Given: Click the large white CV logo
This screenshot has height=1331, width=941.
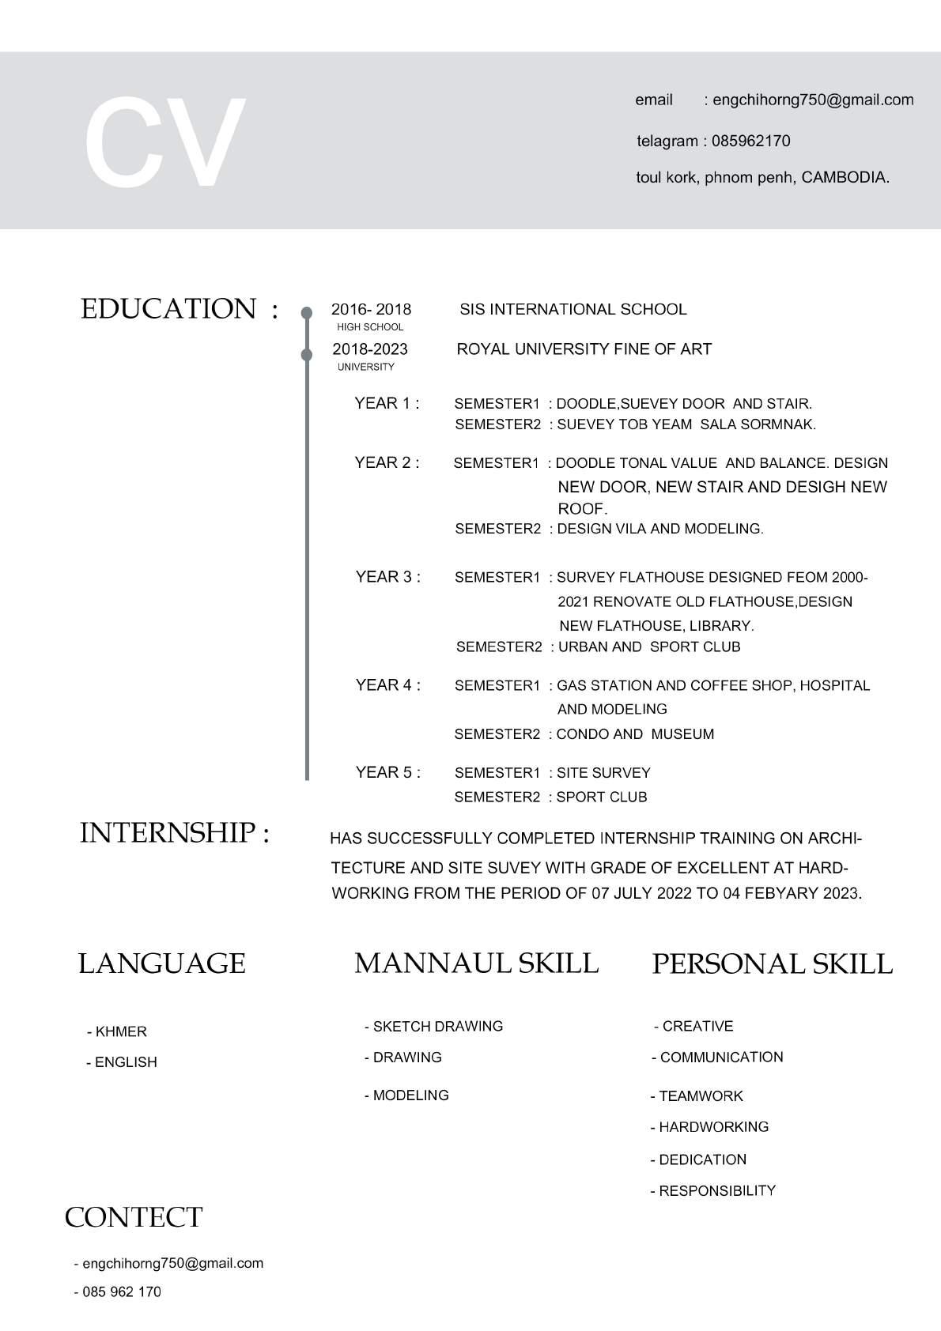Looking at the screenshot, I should point(164,142).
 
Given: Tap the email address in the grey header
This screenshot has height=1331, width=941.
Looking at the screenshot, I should point(813,100).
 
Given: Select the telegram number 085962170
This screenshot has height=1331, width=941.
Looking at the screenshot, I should point(750,141).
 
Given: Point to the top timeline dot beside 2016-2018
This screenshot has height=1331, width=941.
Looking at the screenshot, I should point(307,313).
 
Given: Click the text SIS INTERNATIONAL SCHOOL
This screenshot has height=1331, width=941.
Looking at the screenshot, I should point(573,309).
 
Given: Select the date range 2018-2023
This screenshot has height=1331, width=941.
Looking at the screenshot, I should point(369,349).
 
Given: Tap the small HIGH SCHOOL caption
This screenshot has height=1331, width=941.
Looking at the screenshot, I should point(370,327).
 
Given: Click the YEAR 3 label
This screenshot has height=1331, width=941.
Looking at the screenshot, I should point(387,576).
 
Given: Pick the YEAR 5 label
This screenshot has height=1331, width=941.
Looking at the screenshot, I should point(387,771).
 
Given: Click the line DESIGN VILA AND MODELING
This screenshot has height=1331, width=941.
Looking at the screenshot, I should point(659,528).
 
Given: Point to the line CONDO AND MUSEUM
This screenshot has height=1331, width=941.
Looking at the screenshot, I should point(634,733).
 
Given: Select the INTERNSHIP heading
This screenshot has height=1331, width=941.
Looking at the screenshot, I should point(174,832).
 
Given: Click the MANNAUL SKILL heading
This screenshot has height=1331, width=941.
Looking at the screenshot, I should point(476,963).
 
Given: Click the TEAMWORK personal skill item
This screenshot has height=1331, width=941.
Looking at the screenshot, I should point(700,1095).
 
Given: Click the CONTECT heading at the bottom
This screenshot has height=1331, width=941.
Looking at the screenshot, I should point(134,1217).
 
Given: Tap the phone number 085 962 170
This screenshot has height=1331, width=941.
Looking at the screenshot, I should point(121,1291).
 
